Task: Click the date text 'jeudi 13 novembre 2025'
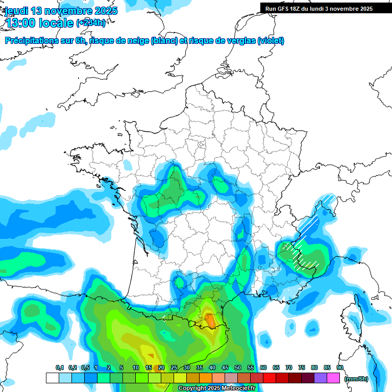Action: (x=61, y=11)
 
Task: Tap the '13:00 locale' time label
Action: (x=38, y=23)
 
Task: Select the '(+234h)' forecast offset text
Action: (x=91, y=23)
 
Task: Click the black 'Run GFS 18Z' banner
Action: (x=319, y=9)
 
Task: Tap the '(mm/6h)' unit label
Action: (x=356, y=379)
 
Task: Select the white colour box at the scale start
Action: (x=52, y=378)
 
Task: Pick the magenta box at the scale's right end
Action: (x=334, y=378)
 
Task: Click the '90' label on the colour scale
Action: (x=339, y=367)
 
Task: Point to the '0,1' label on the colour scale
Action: (x=60, y=367)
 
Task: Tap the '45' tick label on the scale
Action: (x=225, y=367)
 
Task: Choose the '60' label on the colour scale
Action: (x=263, y=367)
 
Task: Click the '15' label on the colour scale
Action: (x=149, y=367)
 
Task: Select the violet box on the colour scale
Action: (x=321, y=378)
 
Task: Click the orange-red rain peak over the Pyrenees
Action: (x=210, y=320)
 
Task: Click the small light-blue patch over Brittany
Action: (x=127, y=165)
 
